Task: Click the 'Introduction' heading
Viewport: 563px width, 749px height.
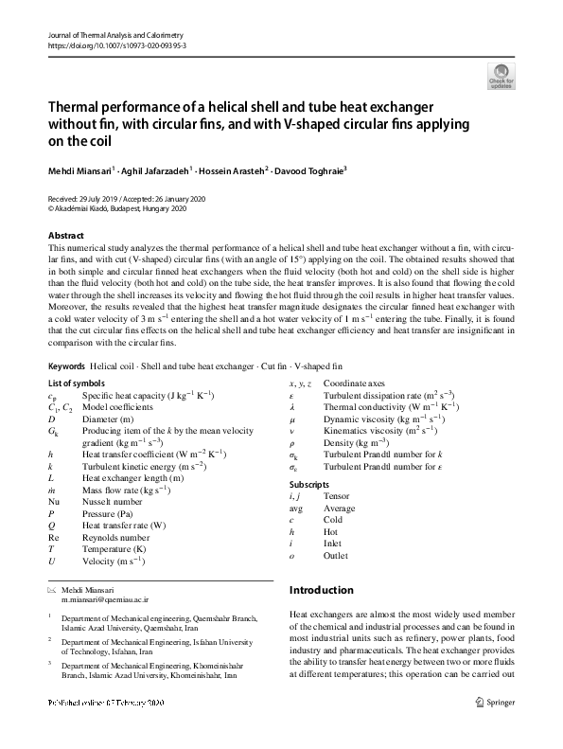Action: coord(321,590)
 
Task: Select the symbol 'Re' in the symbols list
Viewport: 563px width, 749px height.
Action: coord(53,536)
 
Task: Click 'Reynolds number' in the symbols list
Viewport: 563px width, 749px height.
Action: coord(114,536)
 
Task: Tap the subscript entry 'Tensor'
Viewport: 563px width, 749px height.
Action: coord(336,495)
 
